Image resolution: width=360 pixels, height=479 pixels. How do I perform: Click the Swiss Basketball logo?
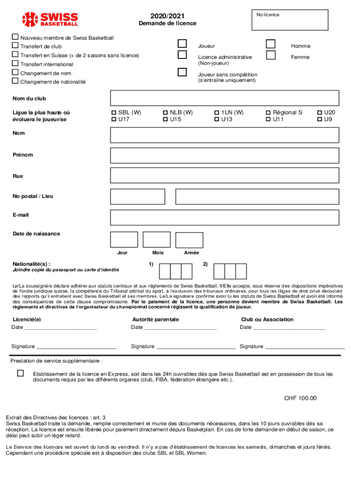(50, 19)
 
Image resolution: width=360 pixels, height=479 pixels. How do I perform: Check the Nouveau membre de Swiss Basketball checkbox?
(15, 37)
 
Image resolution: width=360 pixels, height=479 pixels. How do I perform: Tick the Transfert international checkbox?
(15, 64)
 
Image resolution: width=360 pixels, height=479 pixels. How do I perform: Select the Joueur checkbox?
(182, 44)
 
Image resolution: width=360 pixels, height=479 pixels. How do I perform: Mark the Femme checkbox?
(271, 56)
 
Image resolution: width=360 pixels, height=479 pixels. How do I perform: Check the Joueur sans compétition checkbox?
(182, 73)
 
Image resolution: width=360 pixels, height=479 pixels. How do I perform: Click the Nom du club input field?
(224, 98)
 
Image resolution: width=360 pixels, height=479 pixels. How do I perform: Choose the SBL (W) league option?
(114, 113)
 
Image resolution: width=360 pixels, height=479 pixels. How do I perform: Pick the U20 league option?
(320, 113)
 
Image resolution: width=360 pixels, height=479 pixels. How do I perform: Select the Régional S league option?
(268, 113)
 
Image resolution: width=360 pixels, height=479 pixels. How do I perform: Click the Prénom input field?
(224, 155)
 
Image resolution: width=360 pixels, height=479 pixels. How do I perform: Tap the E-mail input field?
(224, 218)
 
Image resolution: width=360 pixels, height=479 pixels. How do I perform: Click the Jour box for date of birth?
(124, 239)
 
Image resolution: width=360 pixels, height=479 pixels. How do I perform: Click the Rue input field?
(224, 176)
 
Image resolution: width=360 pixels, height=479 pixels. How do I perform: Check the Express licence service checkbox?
(21, 373)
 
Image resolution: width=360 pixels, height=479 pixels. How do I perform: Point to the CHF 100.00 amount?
(300, 399)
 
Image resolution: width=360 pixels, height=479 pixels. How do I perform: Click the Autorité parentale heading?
(155, 319)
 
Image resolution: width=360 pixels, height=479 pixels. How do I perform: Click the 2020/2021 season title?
(167, 16)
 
